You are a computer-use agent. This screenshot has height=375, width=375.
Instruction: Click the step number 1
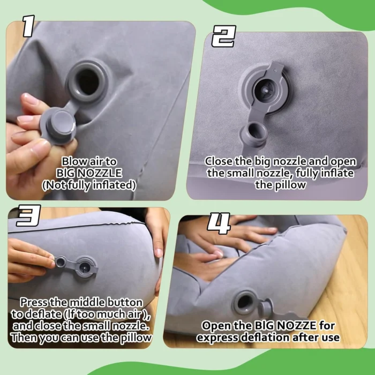(x=29, y=26)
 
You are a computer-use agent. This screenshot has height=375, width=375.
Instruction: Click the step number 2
(x=224, y=36)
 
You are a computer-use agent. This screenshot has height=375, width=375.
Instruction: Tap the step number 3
(x=28, y=215)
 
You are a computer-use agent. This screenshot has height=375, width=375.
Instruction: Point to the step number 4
(x=219, y=223)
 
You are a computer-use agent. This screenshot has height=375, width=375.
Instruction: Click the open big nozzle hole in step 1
(x=87, y=82)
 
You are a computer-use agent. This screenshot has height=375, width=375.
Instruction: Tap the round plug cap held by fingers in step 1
(x=61, y=125)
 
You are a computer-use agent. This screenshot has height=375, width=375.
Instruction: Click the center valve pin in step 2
(x=264, y=91)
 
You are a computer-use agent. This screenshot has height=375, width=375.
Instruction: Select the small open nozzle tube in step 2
(x=254, y=133)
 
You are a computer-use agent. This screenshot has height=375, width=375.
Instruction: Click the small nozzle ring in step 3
(x=60, y=261)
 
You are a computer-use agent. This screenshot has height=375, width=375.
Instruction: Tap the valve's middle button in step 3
(x=85, y=267)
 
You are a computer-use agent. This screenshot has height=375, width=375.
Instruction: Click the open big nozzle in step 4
(x=244, y=302)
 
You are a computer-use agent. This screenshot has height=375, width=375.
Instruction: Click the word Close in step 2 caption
(x=219, y=161)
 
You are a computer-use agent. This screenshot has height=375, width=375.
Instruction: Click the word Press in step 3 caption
(x=34, y=302)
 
